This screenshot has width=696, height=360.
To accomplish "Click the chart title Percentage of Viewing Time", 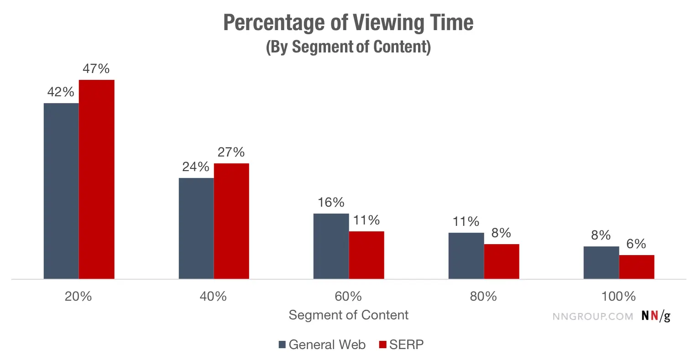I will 348,22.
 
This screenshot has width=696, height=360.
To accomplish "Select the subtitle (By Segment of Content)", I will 348,47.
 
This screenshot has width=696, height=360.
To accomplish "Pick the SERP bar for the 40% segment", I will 231,221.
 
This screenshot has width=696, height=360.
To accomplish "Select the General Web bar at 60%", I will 331,246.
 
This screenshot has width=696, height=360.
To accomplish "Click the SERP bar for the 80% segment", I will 502,261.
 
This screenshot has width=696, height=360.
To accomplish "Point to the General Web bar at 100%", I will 601,262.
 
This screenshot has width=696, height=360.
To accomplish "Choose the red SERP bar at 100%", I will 637,267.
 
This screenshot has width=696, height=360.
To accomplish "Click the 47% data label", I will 96,69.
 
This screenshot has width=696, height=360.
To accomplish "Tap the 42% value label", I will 61,92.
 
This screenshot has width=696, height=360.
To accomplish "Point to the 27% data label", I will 231,152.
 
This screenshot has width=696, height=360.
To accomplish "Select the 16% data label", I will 331,203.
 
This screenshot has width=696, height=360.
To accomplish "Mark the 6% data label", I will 636,244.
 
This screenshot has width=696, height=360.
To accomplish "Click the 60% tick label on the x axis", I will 348,297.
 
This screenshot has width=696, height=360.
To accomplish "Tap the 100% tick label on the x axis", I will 618,297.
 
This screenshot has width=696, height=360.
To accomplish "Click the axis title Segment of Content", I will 348,315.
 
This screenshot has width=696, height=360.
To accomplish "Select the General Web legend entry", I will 322,344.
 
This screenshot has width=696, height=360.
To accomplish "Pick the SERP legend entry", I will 402,344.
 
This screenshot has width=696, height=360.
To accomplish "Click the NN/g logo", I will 656,316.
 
